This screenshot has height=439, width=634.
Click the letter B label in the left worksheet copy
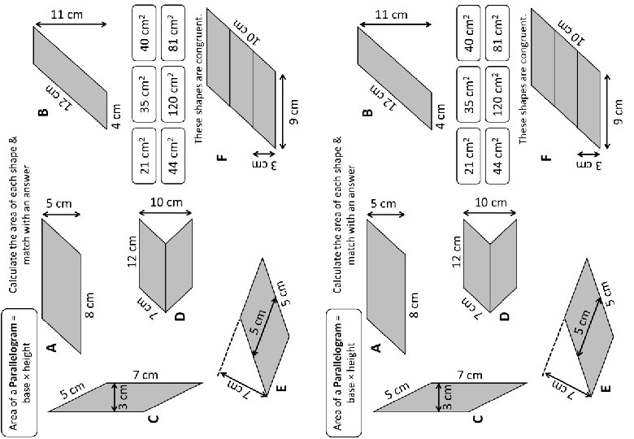tap(42, 114)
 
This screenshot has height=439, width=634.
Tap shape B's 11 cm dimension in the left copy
tap(71, 15)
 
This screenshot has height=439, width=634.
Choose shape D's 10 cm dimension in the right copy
tap(493, 202)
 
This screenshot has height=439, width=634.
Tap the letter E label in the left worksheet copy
tap(281, 389)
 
